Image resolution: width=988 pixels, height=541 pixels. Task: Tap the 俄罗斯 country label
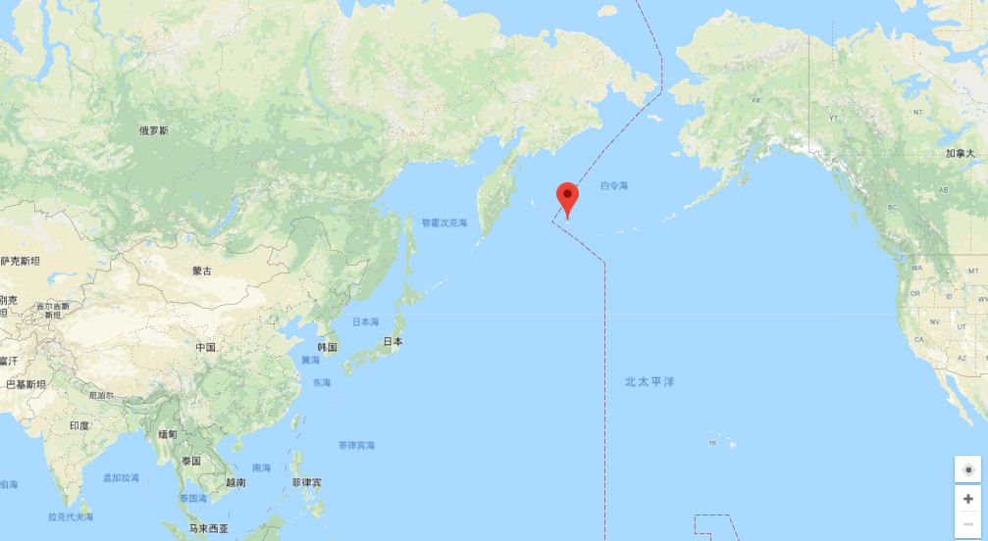(x=154, y=130)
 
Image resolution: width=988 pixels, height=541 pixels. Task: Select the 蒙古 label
(x=202, y=271)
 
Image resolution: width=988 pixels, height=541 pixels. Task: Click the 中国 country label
(x=205, y=348)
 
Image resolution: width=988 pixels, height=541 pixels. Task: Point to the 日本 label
(x=392, y=342)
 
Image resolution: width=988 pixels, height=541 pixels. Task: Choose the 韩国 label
(x=327, y=348)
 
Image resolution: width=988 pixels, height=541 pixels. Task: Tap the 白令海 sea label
(x=613, y=185)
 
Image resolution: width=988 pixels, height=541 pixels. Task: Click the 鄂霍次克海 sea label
(x=444, y=223)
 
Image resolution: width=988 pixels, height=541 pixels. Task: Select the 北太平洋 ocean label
(x=650, y=381)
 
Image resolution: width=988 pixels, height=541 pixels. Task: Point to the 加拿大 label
(x=961, y=154)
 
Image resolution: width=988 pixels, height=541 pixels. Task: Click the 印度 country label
(x=79, y=425)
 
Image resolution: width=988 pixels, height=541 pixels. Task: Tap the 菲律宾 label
(x=306, y=483)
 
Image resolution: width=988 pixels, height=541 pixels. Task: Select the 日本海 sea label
(x=365, y=321)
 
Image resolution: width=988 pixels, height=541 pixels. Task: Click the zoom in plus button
(x=968, y=499)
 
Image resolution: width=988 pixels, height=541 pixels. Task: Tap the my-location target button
(x=968, y=469)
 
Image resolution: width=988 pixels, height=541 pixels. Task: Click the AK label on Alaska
(x=755, y=101)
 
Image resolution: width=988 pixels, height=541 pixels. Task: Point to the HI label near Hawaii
(x=713, y=444)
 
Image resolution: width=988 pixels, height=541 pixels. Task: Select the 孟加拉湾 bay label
(x=121, y=478)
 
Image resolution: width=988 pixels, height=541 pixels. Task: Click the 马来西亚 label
(x=209, y=529)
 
